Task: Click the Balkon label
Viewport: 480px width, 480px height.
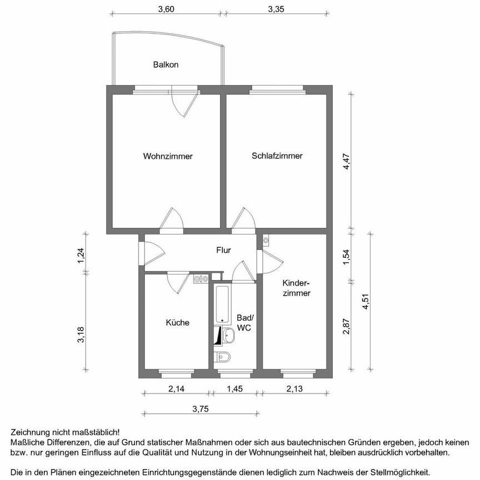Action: click(x=166, y=64)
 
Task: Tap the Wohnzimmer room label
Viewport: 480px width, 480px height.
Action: click(x=168, y=156)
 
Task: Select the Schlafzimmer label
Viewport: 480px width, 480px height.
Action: click(x=277, y=156)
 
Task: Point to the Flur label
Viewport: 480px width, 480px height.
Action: click(x=223, y=251)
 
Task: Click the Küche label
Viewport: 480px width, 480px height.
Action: click(x=177, y=322)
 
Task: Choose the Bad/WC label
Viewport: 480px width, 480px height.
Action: click(x=244, y=323)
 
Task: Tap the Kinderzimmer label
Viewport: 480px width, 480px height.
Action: click(x=296, y=288)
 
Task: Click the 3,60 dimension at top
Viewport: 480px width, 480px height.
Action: click(x=166, y=9)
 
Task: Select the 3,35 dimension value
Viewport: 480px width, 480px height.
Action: click(x=276, y=9)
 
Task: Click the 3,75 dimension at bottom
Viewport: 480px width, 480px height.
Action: click(x=201, y=409)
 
